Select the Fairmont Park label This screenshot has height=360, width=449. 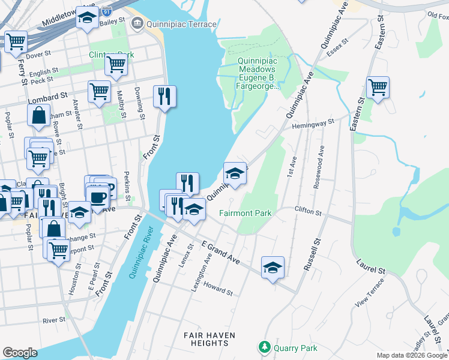(x=245, y=213)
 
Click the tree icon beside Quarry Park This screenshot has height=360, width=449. (x=264, y=347)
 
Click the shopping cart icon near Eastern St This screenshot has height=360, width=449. (x=378, y=88)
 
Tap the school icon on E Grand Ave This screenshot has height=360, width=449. (x=273, y=268)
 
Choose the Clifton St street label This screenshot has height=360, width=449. (x=308, y=212)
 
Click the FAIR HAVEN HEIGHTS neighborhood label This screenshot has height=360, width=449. (x=210, y=339)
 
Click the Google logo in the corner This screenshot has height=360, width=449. (x=20, y=353)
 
